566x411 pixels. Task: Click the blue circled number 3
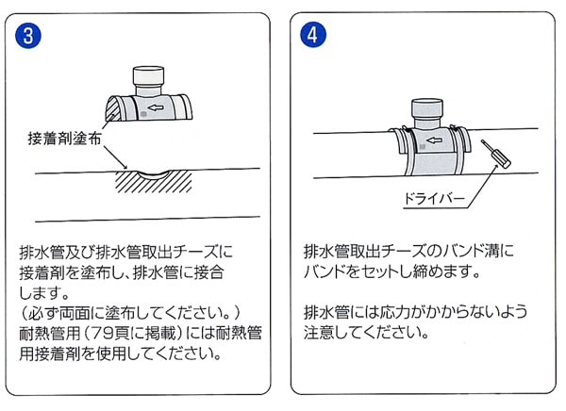coord(28,36)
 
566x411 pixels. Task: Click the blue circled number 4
coord(313,35)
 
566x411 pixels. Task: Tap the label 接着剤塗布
coord(64,139)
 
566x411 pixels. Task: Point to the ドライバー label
coord(434,199)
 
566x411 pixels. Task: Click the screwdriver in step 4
coord(496,154)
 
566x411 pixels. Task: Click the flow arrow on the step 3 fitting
coord(156,107)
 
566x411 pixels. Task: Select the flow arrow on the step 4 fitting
coord(434,140)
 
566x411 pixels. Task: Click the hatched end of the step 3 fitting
coord(112,108)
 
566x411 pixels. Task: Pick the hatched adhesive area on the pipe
coord(154,182)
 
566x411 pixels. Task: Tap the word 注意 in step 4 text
coord(319,333)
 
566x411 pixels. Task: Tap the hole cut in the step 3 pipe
coord(154,174)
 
